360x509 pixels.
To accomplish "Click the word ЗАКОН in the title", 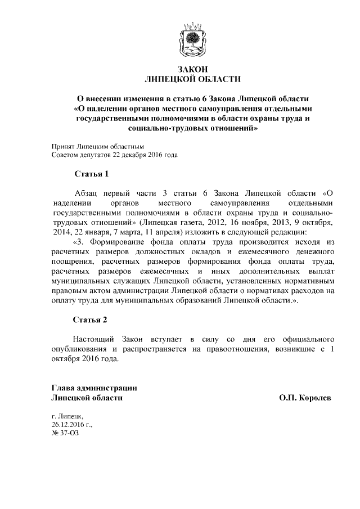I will click(x=192, y=69).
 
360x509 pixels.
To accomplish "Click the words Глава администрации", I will click(x=94, y=388).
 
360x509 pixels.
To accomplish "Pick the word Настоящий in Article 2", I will click(x=93, y=340).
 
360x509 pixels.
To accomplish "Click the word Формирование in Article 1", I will click(x=130, y=241).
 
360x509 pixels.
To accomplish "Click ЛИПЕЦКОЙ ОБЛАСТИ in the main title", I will click(x=192, y=79).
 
